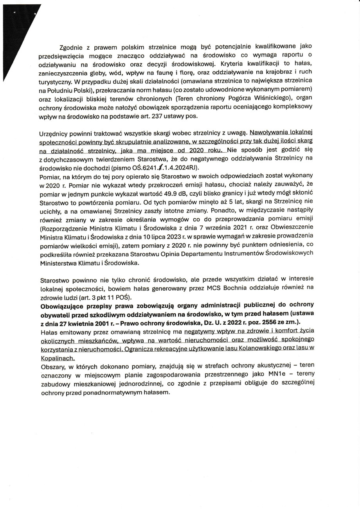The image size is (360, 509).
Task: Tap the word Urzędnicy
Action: (x=55, y=134)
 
